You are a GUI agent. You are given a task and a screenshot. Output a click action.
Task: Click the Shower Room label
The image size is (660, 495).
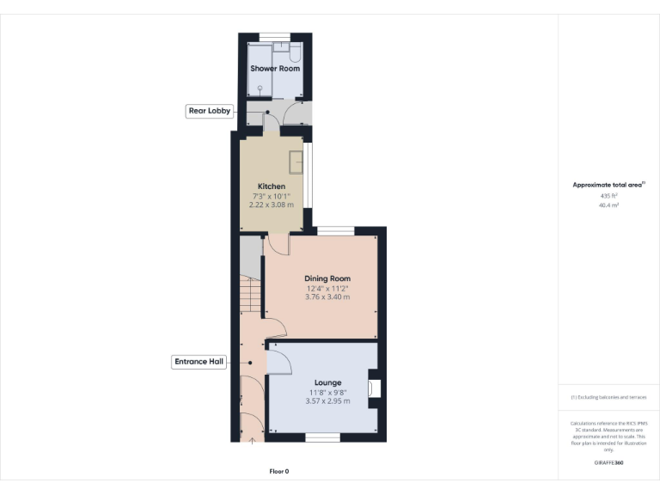pos(275,68)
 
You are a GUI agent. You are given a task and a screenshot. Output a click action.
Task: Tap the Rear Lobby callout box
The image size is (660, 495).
pos(206,111)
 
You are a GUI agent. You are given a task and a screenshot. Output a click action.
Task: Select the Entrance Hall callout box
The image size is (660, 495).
pos(199,362)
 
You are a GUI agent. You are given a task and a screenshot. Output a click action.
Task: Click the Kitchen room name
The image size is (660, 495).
pos(272,186)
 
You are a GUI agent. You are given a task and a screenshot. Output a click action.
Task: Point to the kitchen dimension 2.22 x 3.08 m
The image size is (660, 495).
pos(272,205)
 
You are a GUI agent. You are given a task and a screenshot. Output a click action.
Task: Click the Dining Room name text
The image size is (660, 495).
pos(328,278)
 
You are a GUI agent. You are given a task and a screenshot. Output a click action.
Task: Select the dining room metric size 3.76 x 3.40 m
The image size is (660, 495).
pos(328,297)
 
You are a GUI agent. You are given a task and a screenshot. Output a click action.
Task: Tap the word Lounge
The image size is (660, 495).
pos(327,382)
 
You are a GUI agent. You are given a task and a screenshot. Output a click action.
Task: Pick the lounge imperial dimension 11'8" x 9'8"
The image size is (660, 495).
pos(327,392)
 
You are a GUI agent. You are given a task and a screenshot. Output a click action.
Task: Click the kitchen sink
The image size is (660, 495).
pos(296,162)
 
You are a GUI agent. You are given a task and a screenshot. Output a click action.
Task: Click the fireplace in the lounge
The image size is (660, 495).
pos(372,388)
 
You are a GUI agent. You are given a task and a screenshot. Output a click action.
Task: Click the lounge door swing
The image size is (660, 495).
pos(278,361)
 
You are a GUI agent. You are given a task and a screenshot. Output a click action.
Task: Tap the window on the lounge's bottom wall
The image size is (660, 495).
pos(322,437)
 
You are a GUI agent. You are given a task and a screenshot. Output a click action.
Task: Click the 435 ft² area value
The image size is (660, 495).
pos(609,196)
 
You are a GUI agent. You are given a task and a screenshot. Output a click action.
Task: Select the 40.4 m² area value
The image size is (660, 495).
pos(609,205)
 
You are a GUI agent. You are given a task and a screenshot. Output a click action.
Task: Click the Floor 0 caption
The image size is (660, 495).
pos(279,471)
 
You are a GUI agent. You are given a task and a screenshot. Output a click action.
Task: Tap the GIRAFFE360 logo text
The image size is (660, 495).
pos(608,463)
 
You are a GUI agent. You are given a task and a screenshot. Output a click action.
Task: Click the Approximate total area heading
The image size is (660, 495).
pos(608,185)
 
